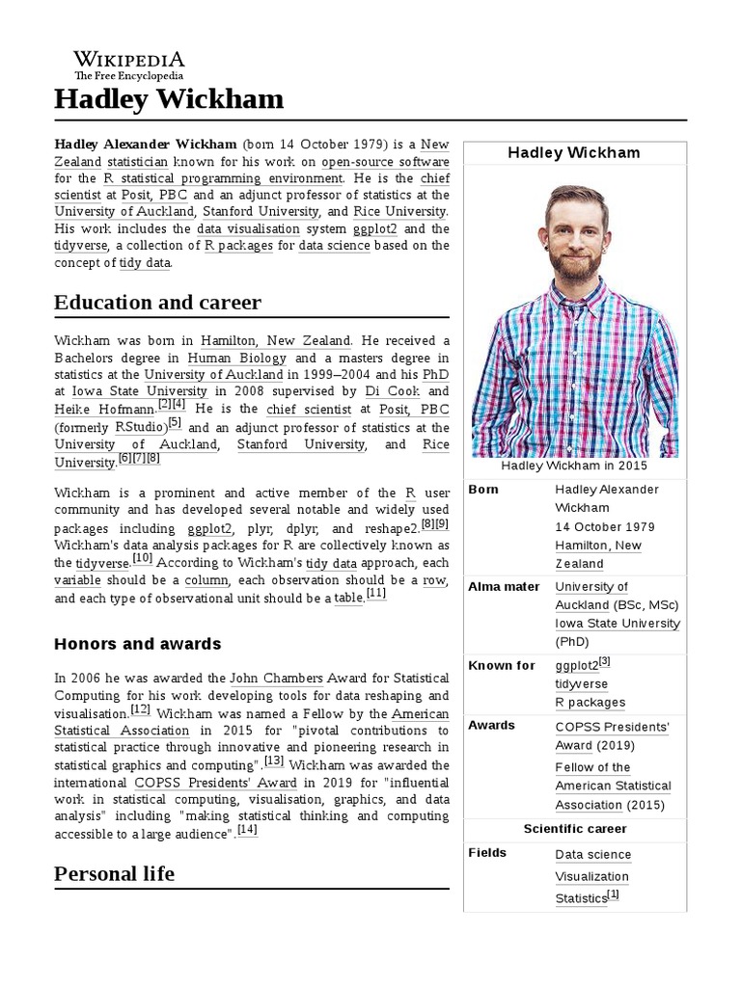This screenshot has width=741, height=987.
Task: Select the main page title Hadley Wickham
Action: (x=169, y=98)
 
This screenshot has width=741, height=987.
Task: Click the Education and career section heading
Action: (x=157, y=303)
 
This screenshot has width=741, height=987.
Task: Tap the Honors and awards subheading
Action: (x=138, y=644)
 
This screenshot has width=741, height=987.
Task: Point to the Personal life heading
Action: (x=115, y=874)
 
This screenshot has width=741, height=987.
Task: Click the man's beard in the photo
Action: (x=575, y=265)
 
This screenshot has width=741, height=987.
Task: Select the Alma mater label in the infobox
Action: (x=504, y=586)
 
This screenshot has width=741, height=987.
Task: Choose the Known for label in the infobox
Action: (x=502, y=665)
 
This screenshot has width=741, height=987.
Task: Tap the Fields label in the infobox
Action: (x=487, y=853)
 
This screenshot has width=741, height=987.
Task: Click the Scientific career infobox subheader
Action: (x=575, y=829)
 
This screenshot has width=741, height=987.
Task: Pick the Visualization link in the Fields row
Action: (x=591, y=877)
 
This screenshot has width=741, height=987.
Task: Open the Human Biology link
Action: (x=236, y=357)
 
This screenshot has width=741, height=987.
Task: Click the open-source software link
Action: (x=385, y=161)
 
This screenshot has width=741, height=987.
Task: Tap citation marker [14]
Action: (x=247, y=830)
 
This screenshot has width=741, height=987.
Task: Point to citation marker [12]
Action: (x=141, y=710)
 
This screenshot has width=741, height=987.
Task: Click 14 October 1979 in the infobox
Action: (x=604, y=527)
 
